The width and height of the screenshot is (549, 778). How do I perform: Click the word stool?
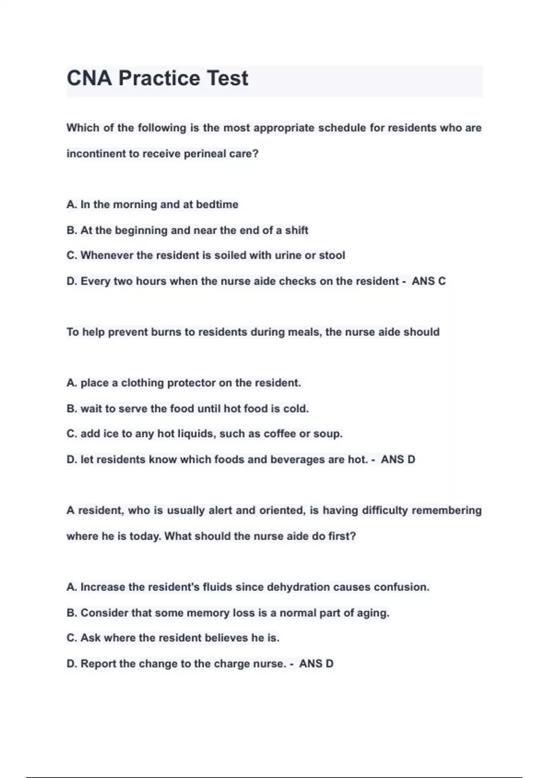click(332, 255)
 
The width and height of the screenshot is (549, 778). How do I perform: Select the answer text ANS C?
click(429, 281)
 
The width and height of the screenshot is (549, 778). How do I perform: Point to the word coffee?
click(280, 434)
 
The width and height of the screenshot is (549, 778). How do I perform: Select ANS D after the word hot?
click(398, 459)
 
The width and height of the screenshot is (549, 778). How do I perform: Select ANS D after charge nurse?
click(316, 664)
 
